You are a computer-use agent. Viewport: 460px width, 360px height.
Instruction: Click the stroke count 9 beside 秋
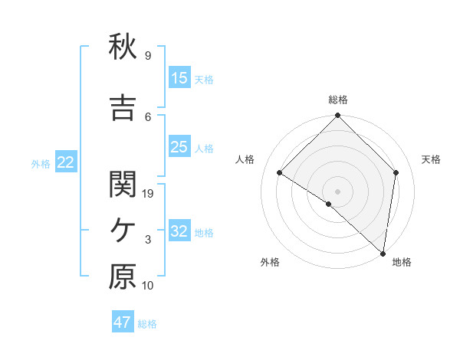point(148,56)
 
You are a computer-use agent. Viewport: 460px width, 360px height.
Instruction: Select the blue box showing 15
point(179,78)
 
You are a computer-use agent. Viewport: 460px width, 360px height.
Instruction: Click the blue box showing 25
point(179,147)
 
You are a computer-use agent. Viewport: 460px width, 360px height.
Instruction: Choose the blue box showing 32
point(179,231)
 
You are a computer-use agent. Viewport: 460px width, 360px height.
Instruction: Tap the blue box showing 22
point(65,162)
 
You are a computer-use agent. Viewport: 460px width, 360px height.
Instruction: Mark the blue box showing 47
point(123,322)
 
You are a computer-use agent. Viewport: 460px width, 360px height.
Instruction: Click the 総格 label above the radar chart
point(337,100)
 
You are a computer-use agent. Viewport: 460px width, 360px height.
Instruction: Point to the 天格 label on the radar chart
point(431,159)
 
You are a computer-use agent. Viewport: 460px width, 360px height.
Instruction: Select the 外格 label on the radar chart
point(270,262)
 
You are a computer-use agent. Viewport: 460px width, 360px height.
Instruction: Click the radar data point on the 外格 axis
point(328,204)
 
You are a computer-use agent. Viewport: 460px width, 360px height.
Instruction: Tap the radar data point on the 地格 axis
point(383,253)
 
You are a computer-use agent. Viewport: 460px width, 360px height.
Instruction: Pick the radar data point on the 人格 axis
point(280,172)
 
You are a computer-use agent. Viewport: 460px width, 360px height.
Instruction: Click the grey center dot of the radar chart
point(337,191)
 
